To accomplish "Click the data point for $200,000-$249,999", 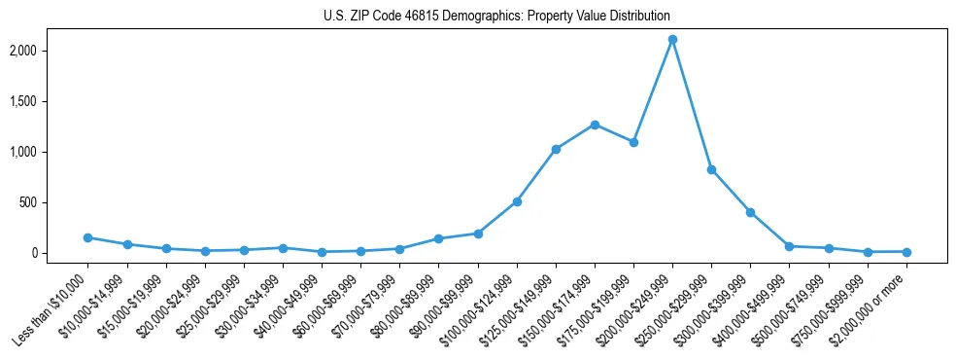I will [672, 40].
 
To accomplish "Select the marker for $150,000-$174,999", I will [595, 125].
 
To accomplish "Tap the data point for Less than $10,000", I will [88, 237].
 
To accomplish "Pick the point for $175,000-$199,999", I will [633, 142].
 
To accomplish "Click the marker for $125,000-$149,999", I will [556, 149].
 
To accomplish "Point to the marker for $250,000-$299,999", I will [712, 169].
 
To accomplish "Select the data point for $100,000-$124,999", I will [517, 201].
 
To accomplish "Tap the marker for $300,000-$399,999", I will [751, 212].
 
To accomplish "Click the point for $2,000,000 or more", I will [906, 252].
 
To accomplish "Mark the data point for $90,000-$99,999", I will [478, 234].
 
